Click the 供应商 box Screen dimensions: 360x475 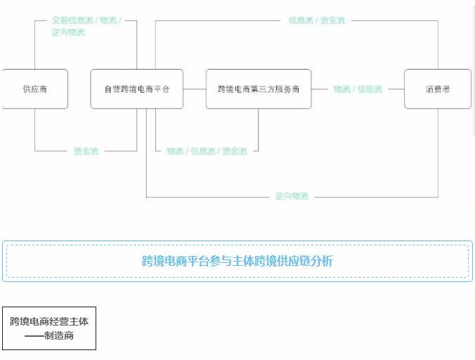click(34, 89)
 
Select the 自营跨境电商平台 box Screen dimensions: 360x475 click(136, 89)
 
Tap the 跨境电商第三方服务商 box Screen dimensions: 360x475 click(258, 89)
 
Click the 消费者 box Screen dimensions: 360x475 click(437, 89)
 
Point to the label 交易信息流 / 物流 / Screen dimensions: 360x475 click(86, 21)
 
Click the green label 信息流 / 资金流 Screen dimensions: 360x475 click(317, 20)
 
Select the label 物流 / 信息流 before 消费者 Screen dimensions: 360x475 click(358, 89)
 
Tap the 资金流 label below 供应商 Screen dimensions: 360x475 click(86, 150)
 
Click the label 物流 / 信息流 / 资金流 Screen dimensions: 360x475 click(207, 150)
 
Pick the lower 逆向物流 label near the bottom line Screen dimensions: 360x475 click(292, 196)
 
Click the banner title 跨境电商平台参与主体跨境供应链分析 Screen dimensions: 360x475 click(237, 262)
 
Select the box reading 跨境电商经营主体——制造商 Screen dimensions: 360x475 click(49, 328)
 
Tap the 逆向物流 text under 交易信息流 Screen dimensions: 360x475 click(68, 32)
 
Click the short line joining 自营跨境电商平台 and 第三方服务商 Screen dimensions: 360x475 click(195, 89)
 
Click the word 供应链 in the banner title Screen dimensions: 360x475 click(297, 262)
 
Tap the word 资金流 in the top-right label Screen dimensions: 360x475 click(332, 20)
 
